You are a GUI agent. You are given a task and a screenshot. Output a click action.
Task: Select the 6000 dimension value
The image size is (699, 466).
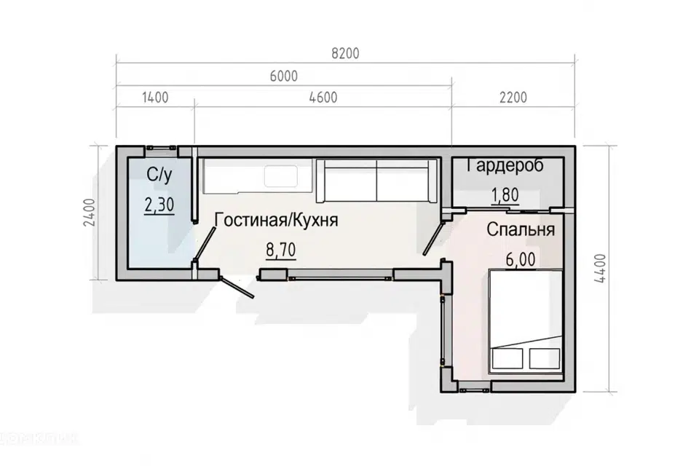pos(284,76)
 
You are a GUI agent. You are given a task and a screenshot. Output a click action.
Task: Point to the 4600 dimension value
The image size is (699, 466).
pos(323,98)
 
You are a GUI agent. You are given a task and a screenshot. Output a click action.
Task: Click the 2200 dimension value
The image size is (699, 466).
pos(513,98)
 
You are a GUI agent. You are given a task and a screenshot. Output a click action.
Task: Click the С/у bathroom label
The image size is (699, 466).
pos(158,175)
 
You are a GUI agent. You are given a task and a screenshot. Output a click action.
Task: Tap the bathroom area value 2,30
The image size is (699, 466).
pos(159,205)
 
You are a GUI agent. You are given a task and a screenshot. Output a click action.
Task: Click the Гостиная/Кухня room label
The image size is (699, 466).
pos(276,220)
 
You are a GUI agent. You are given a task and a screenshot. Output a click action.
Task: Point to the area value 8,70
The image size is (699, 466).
pos(280,251)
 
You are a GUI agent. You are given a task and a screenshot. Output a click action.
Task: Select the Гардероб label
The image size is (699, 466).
pos(505,165)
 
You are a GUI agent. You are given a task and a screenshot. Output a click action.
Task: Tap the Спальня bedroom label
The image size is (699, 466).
pos(521,230)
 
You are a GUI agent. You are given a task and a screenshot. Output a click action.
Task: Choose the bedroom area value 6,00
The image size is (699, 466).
pos(521,258)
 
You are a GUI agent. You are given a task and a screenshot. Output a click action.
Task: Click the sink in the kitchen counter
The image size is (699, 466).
pos(280,176)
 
